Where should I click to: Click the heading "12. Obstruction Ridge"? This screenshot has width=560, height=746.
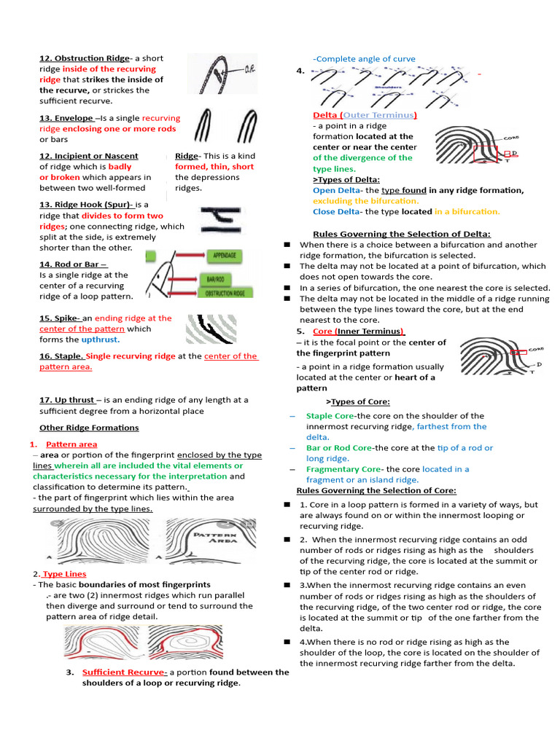point(85,58)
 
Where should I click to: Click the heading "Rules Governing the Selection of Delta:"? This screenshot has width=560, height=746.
point(401,234)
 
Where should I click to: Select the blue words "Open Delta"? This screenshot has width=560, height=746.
point(336,190)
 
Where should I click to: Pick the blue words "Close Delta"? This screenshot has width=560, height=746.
point(336,211)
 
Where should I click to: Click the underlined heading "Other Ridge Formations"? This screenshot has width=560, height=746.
point(89,428)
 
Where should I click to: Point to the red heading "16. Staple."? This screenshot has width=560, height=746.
point(62,356)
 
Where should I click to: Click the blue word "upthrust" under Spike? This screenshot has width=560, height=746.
point(99,339)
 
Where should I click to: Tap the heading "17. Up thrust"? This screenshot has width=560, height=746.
point(67,400)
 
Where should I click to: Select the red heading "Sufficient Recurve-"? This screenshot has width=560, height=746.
point(125,672)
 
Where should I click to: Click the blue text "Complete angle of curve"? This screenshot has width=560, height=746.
point(365,59)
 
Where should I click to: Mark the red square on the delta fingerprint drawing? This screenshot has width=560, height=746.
point(485,153)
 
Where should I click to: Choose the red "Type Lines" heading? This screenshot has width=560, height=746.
point(64,574)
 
